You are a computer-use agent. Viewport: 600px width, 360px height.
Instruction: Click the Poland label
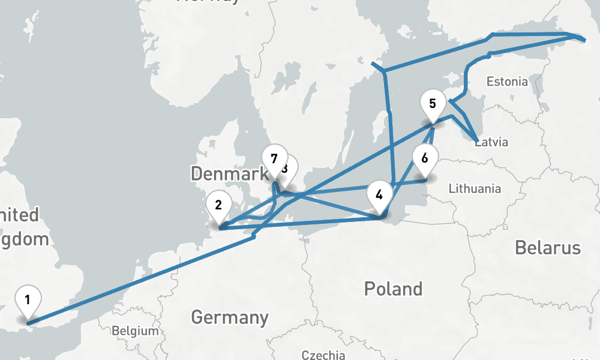click(393, 289)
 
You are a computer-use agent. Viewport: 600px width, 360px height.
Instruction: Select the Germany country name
click(229, 317)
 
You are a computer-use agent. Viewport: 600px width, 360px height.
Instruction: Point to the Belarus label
click(547, 248)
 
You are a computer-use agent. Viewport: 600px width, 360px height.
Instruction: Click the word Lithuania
click(475, 188)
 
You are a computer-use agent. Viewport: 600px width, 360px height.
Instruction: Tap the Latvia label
click(493, 142)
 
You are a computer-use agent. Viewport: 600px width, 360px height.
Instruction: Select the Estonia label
click(508, 81)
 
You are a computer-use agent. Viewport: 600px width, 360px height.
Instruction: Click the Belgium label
click(135, 331)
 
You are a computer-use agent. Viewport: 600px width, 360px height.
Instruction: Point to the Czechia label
click(323, 355)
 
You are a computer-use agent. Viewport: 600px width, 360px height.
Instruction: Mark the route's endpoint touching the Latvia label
click(476, 140)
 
